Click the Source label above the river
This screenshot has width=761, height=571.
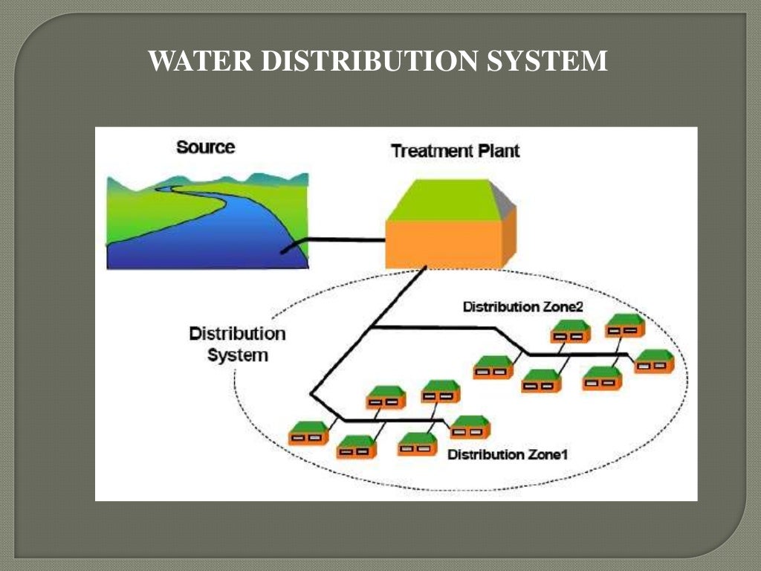205,147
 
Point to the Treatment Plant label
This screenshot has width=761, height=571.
455,151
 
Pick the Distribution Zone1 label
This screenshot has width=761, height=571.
508,454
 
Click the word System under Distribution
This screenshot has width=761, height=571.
238,355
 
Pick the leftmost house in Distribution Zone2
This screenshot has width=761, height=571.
493,367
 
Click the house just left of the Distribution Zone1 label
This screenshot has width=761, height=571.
417,444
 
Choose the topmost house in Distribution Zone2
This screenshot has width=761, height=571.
625,325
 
